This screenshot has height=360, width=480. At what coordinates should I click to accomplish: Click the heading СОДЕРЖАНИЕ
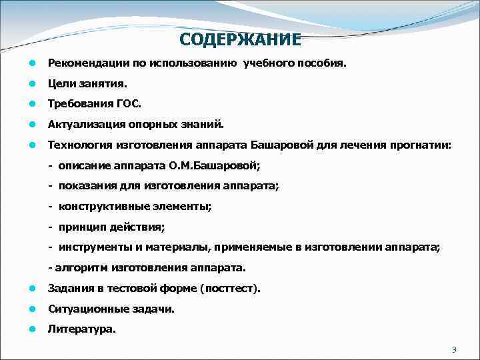pos(240,39)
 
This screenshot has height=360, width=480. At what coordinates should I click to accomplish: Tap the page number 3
pos(454,350)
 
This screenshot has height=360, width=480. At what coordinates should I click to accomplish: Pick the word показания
pos(83,186)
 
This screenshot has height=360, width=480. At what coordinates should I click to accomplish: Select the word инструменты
pos(90,247)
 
